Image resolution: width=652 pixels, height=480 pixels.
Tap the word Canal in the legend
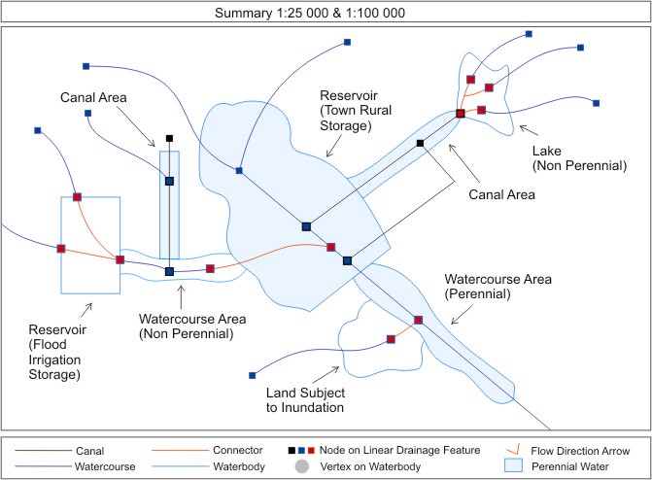(90, 451)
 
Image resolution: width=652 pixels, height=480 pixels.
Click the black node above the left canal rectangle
(169, 139)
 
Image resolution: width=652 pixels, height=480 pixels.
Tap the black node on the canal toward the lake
(420, 144)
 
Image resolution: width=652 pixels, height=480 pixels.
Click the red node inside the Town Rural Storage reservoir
(331, 247)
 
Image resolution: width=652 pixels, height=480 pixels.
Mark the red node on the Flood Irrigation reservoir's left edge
(61, 249)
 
